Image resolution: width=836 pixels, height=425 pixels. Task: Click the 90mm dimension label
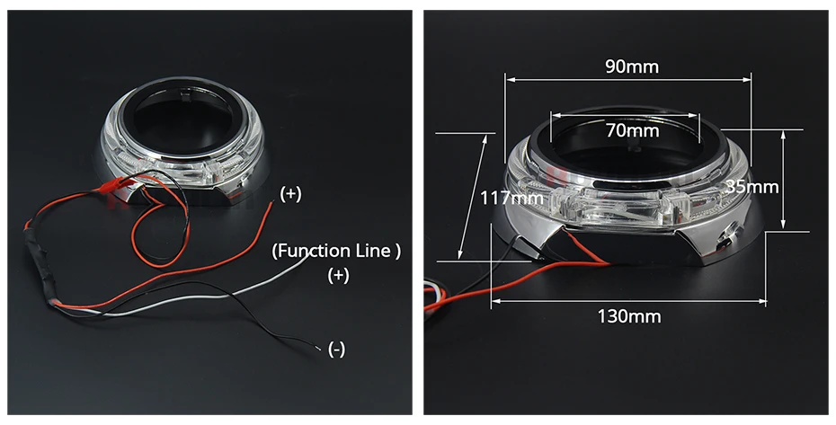632,66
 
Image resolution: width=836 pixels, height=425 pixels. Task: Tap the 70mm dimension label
632,130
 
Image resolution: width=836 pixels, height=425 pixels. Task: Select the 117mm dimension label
511,199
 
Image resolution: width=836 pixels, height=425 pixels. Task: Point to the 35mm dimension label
752,187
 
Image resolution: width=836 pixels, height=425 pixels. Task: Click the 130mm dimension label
629,316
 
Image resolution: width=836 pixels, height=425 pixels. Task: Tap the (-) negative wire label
336,350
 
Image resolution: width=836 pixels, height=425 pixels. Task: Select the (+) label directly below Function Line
338,275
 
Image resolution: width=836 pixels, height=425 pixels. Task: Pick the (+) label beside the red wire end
290,194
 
